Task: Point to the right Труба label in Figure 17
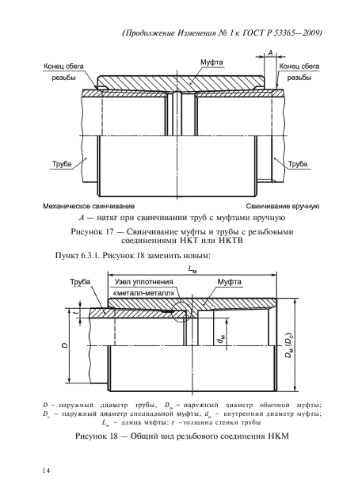[x=298, y=162]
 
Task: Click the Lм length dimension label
[x=193, y=270]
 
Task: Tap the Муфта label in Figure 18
[x=230, y=282]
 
